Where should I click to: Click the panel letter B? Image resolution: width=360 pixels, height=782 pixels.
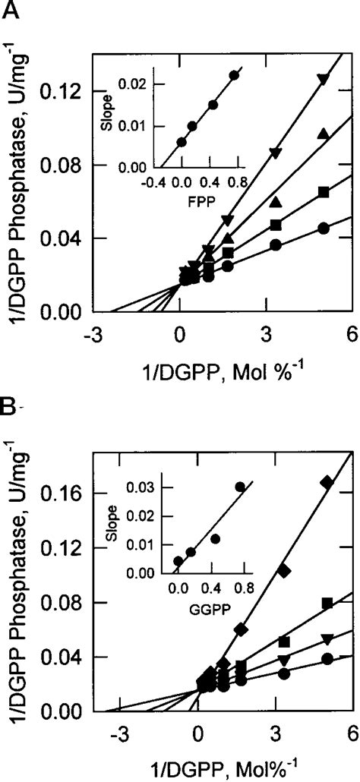9,406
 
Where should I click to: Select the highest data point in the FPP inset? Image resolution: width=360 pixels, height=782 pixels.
234,75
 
